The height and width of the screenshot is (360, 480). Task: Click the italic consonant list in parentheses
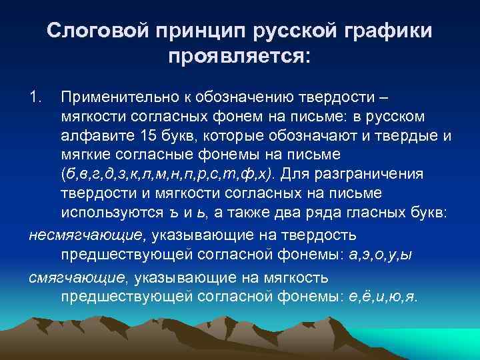[x=170, y=175]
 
